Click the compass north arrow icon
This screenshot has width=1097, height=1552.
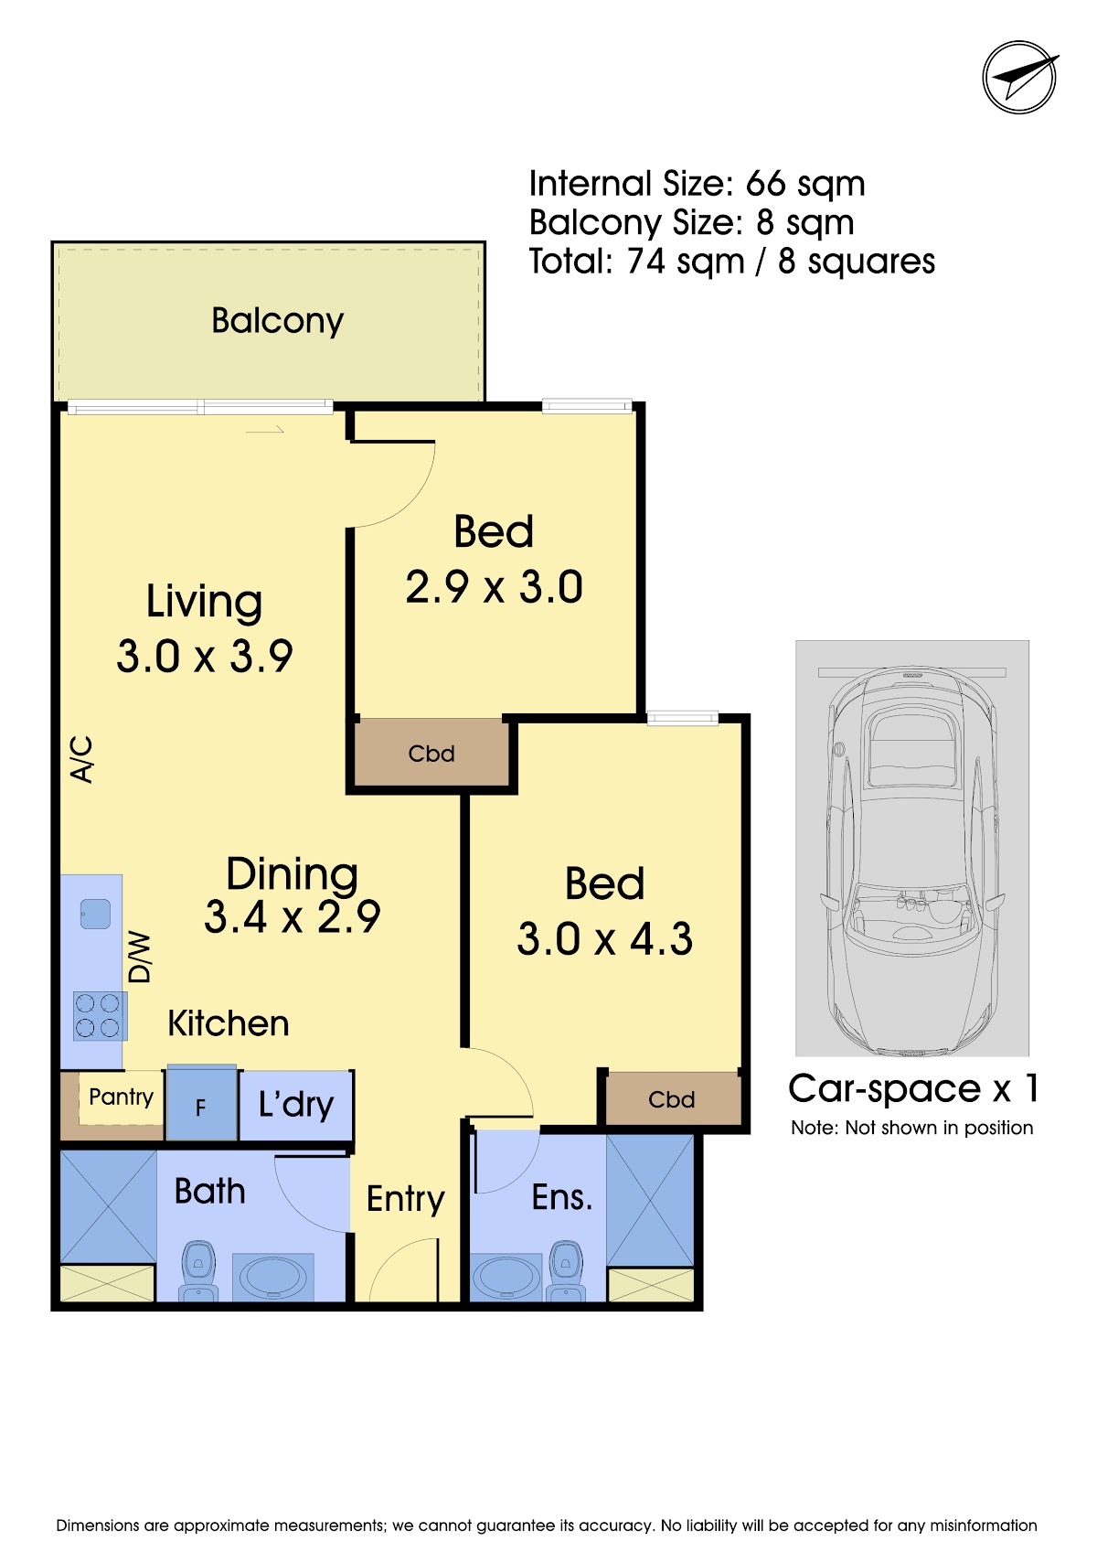pyautogui.click(x=1019, y=78)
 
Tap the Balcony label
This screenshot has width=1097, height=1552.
pyautogui.click(x=277, y=320)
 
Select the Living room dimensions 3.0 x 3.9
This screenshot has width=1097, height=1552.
pyautogui.click(x=204, y=656)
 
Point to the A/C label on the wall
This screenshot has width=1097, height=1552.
pyautogui.click(x=81, y=760)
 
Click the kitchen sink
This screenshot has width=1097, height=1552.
pyautogui.click(x=95, y=914)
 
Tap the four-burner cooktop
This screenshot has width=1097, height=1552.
pyautogui.click(x=100, y=1016)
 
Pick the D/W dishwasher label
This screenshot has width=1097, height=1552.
pyautogui.click(x=139, y=958)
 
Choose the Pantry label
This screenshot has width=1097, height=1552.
pyautogui.click(x=122, y=1097)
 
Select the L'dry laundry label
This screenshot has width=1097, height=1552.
pyautogui.click(x=295, y=1105)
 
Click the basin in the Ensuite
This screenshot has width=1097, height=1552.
pyautogui.click(x=506, y=1276)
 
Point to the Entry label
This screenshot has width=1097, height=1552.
pyautogui.click(x=405, y=1199)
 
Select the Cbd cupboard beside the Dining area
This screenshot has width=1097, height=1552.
pyautogui.click(x=431, y=753)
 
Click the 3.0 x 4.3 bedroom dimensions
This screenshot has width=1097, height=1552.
pyautogui.click(x=604, y=939)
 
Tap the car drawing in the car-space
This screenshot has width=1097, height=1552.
pyautogui.click(x=911, y=862)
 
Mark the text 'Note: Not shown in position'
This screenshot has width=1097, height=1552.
pyautogui.click(x=911, y=1128)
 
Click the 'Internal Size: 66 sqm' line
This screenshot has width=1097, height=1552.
pyautogui.click(x=697, y=184)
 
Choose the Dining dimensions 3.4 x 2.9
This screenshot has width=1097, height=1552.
pyautogui.click(x=293, y=916)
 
